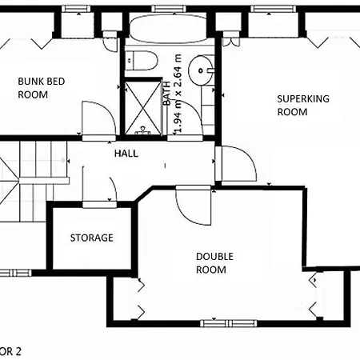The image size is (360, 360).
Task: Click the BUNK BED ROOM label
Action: (x=42, y=88)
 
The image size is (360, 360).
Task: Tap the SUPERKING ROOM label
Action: (x=303, y=105)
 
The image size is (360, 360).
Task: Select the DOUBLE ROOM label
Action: (x=214, y=263)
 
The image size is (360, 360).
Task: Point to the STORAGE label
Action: (x=92, y=238)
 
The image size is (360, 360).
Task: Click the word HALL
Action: (x=126, y=154)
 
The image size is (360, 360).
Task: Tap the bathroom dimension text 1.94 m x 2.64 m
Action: (x=178, y=94)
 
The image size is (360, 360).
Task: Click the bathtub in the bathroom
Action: (x=168, y=28)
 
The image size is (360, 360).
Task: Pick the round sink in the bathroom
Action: (x=201, y=70)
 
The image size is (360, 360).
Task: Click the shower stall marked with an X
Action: (x=143, y=107)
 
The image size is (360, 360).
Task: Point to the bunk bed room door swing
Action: (x=99, y=118)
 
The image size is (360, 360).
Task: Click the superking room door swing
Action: (x=238, y=163)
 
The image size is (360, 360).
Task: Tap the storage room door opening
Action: (x=99, y=204)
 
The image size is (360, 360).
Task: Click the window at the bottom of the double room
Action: (x=229, y=323)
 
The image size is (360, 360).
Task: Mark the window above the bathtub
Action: (x=169, y=9)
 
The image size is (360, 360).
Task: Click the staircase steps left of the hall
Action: (x=34, y=182)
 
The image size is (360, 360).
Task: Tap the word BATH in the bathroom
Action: (x=167, y=94)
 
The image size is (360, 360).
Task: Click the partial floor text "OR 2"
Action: (x=10, y=351)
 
